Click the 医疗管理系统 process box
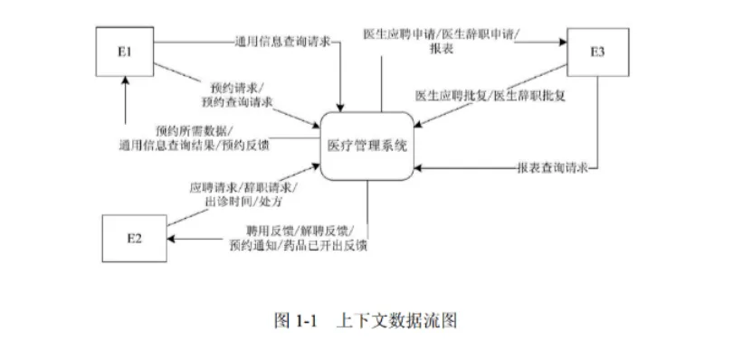(x=370, y=145)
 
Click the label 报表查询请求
(x=552, y=168)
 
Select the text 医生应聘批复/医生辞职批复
(x=490, y=96)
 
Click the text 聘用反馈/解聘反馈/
(x=299, y=231)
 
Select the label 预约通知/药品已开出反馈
(x=299, y=244)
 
